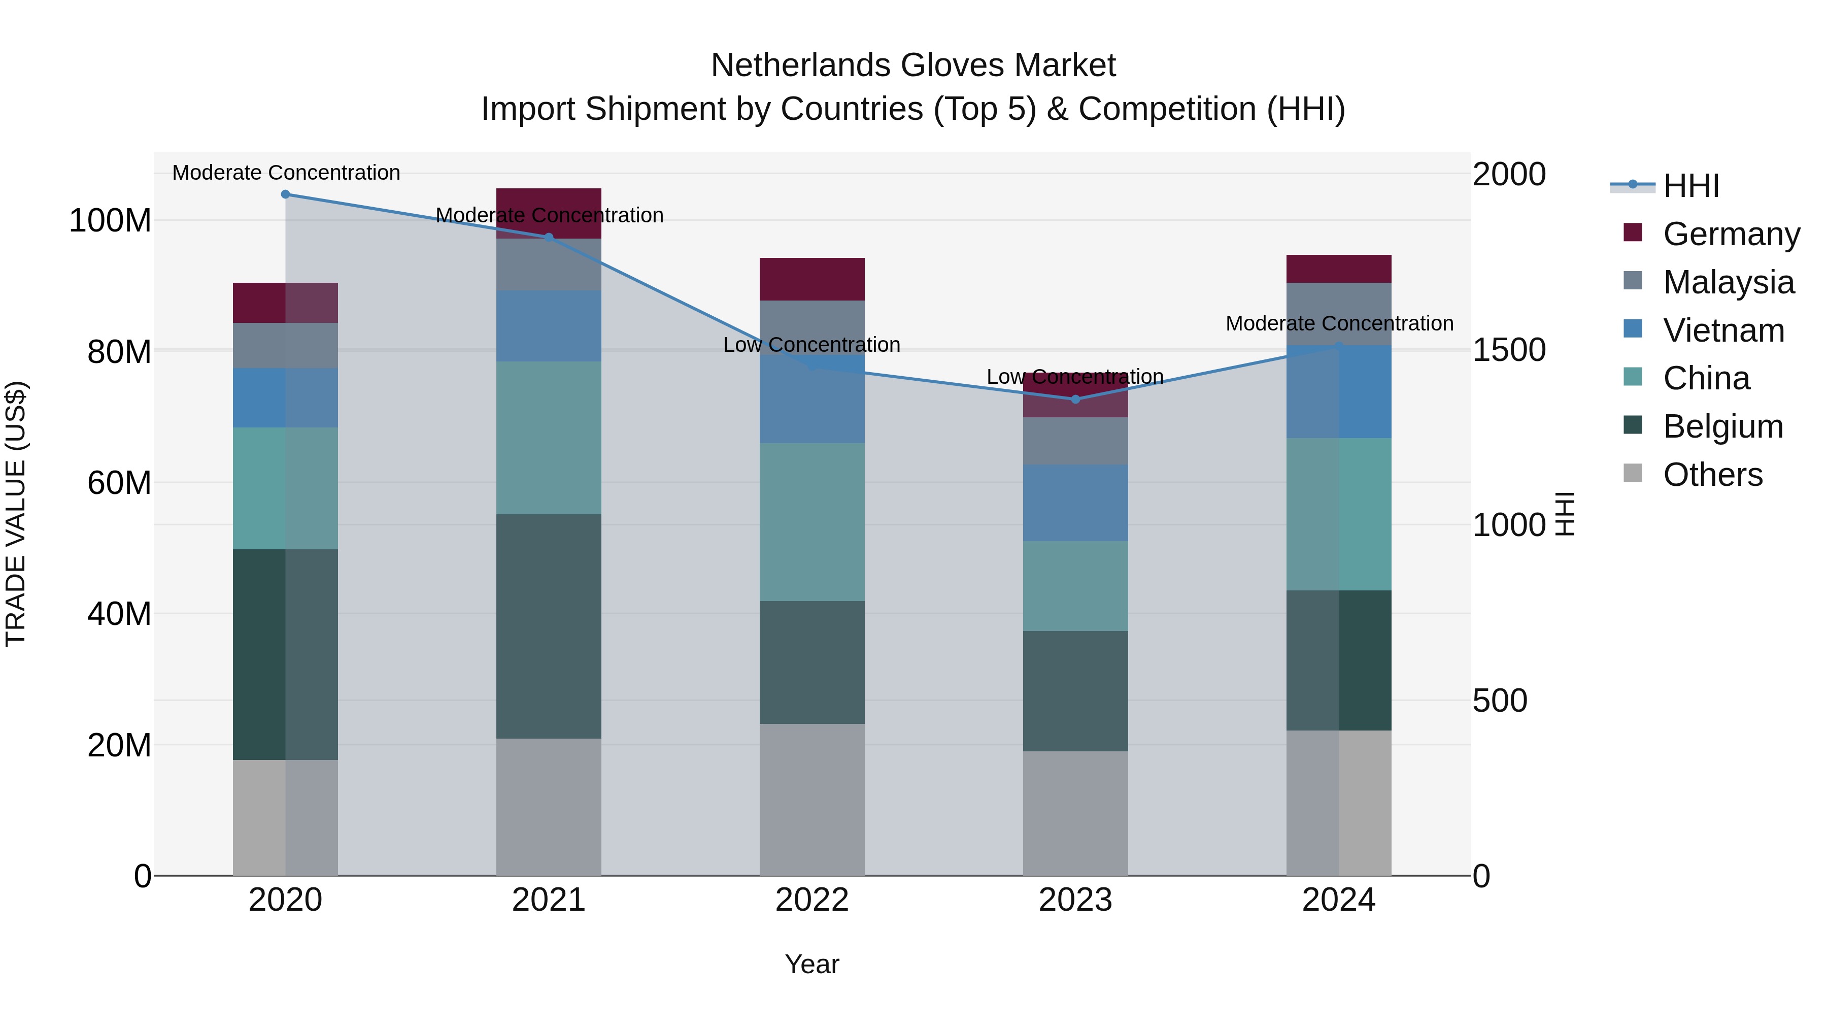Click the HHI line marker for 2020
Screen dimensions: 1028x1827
(285, 194)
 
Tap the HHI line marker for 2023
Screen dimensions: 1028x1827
(1075, 400)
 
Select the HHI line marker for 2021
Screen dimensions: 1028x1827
(549, 238)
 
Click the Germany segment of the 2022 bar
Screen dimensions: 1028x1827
(812, 280)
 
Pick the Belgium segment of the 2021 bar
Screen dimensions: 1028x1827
(549, 626)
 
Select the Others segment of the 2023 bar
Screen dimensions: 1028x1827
(1075, 813)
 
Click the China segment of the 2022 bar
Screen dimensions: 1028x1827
(812, 522)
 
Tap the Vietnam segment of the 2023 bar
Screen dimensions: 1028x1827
(1075, 503)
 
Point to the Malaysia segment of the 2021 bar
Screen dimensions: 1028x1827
(549, 264)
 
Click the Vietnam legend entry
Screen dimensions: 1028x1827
(1723, 330)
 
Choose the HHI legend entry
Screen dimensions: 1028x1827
(1691, 186)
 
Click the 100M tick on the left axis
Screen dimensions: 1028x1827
(110, 221)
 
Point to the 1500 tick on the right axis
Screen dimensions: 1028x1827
(1509, 350)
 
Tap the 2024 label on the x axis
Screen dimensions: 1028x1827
(1338, 900)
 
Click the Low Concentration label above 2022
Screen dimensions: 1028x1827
(811, 345)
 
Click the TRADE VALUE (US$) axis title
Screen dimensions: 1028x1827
(16, 514)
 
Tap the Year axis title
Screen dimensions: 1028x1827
(811, 964)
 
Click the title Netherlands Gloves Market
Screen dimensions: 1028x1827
(913, 65)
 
